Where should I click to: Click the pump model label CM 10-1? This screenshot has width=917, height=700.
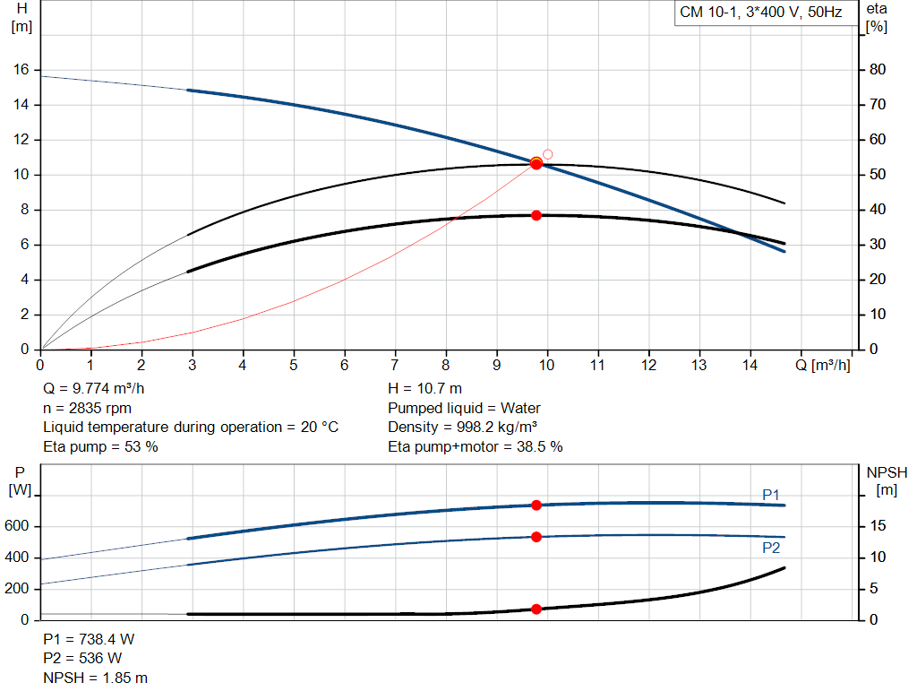708,13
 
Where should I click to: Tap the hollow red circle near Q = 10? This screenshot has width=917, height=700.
548,154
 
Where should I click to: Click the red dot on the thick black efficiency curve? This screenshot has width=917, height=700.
536,215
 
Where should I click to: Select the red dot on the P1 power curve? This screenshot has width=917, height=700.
536,506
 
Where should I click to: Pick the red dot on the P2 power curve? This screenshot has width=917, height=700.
536,537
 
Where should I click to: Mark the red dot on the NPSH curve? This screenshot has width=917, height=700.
536,609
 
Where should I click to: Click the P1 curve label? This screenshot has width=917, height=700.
771,494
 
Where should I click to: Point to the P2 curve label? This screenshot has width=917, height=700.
771,548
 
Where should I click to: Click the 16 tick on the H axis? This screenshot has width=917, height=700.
22,70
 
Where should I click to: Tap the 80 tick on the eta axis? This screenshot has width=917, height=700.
878,70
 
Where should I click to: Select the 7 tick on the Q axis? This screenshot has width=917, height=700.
395,366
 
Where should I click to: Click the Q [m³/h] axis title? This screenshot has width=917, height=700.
823,366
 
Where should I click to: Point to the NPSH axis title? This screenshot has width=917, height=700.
887,472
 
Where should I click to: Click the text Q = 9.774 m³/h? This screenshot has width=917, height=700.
93,388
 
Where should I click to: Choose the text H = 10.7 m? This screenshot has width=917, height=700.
425,388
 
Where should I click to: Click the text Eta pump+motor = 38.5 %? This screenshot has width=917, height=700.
476,446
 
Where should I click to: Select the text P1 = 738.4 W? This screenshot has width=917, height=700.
89,639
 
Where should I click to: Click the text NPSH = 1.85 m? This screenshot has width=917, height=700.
96,678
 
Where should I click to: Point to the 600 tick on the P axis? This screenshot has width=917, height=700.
19,527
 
